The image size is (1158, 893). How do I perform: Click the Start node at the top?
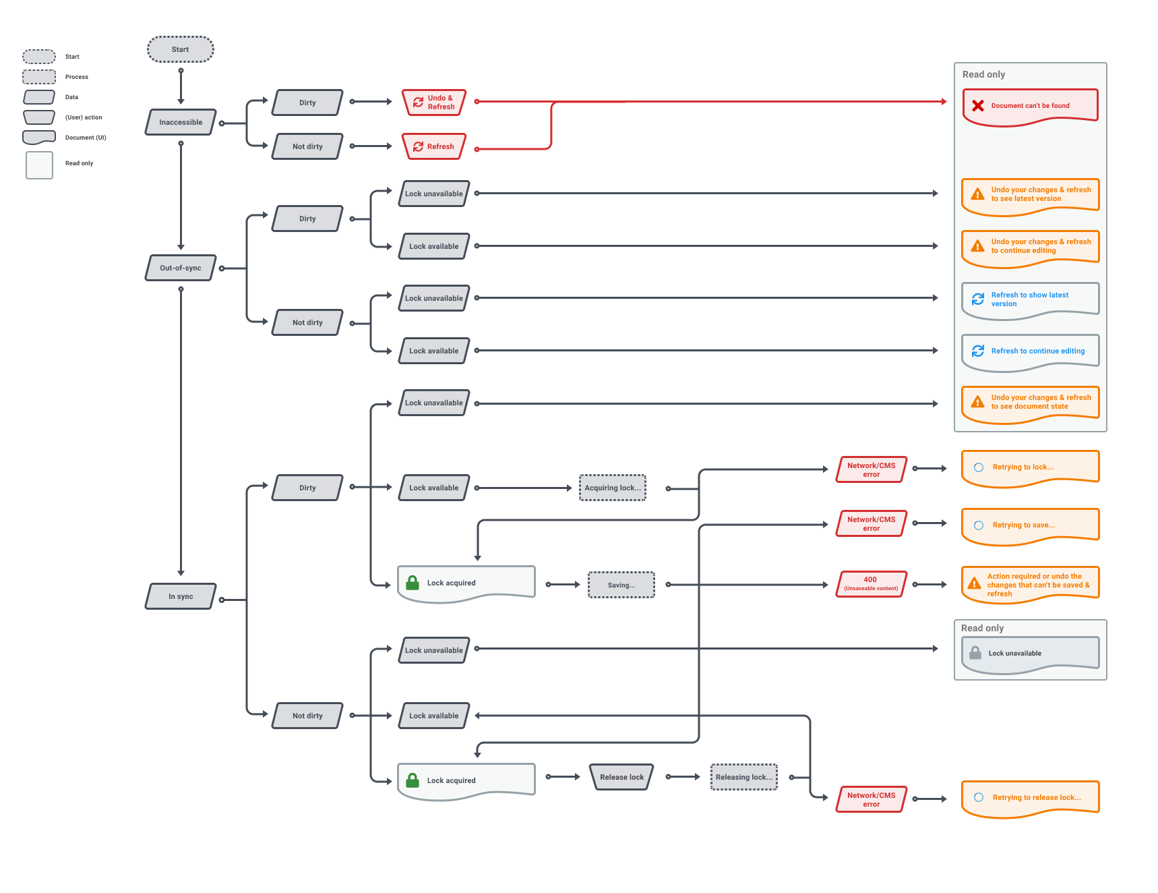tap(180, 49)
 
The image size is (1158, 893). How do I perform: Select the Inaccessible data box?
tap(181, 122)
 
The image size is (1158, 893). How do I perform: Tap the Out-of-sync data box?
tap(181, 268)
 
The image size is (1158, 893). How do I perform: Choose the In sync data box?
tap(181, 596)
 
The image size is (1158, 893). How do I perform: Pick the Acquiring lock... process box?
tap(612, 488)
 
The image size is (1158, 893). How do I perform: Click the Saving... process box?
tap(621, 585)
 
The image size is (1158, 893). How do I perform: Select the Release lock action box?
tap(621, 777)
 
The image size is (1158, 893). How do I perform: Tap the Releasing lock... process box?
tap(743, 777)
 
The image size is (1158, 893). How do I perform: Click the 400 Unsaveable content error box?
tap(871, 584)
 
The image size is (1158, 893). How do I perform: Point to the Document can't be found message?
tap(1030, 106)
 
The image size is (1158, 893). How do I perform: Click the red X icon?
tap(978, 106)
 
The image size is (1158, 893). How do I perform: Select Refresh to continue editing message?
tap(1030, 351)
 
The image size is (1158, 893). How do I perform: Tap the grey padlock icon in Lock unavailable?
tap(975, 653)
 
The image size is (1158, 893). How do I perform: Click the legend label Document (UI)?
tap(86, 138)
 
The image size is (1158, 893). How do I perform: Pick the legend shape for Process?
tap(39, 77)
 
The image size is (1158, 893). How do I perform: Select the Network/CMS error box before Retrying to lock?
tap(871, 469)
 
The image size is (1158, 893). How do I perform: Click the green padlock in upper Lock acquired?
tap(413, 583)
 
